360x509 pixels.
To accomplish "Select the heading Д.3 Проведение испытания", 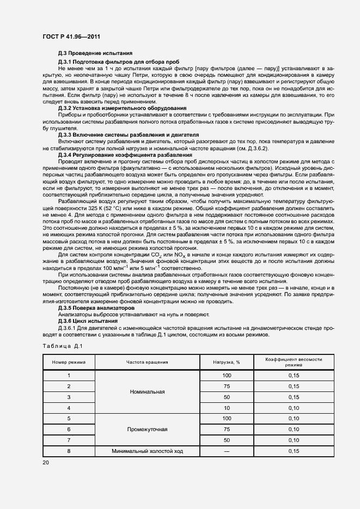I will (x=95, y=53).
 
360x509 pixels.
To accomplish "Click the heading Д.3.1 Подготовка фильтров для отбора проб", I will (x=119, y=62).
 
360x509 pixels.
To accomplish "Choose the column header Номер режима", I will (x=69, y=362).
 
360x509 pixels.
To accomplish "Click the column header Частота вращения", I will (x=147, y=362).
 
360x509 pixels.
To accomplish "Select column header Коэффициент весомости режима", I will (x=294, y=362).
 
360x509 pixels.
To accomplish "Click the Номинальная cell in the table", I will (x=147, y=391).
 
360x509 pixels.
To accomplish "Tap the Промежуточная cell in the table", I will (x=147, y=429).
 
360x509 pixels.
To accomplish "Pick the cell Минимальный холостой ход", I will (x=147, y=451).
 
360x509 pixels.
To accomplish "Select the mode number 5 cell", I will (x=69, y=418).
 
